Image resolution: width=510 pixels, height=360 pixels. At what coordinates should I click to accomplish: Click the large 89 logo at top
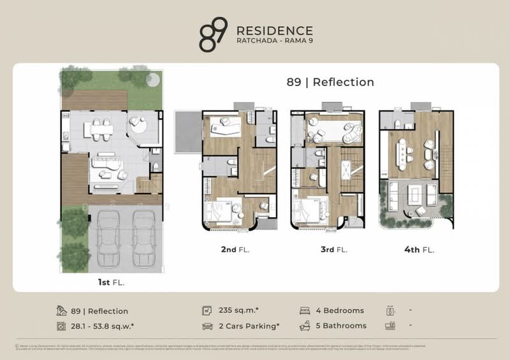tap(212, 35)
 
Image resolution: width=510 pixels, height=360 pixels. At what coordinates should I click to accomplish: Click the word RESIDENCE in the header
tap(274, 31)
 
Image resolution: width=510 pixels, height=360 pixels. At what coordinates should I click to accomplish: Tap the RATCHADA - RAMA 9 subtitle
tap(274, 43)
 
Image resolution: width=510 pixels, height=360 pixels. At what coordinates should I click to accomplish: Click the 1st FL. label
tap(112, 280)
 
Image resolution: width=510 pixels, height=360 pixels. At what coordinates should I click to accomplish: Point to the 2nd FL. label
tap(235, 250)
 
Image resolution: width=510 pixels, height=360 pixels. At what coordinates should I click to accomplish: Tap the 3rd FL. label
tap(333, 250)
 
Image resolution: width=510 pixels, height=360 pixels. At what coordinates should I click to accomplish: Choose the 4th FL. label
tap(418, 250)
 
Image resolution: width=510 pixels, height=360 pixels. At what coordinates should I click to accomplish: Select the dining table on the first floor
tap(102, 129)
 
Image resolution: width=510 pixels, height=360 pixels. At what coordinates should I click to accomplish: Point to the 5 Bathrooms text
tap(341, 326)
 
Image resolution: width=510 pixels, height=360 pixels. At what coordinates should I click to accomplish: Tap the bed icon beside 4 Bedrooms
tap(305, 311)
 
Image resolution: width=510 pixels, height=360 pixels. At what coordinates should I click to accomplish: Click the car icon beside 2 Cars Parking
tap(207, 326)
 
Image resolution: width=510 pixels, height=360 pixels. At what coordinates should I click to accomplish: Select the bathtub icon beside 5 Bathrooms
tap(305, 326)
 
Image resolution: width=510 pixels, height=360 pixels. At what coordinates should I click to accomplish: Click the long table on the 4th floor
tap(403, 152)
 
